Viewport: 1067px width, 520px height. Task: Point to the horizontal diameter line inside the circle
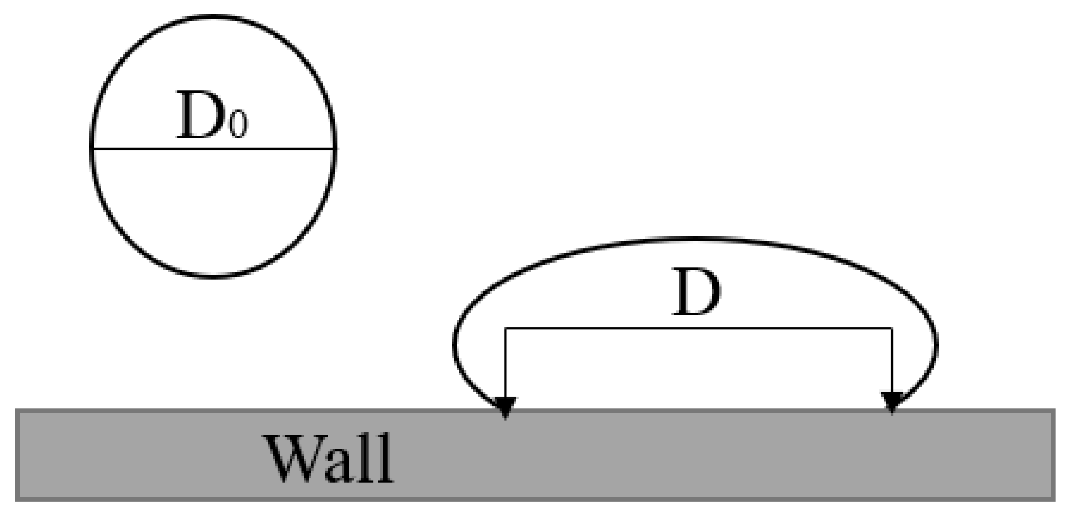pyautogui.click(x=213, y=148)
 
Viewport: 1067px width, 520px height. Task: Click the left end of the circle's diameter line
pyautogui.click(x=93, y=148)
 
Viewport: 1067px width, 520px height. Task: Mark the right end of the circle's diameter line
pyautogui.click(x=334, y=148)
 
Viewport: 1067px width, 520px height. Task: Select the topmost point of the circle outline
pyautogui.click(x=213, y=16)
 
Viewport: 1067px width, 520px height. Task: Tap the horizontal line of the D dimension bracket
pyautogui.click(x=699, y=328)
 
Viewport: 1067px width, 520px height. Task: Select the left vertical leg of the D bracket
pyautogui.click(x=506, y=363)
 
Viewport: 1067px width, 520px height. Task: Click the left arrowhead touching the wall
pyautogui.click(x=506, y=405)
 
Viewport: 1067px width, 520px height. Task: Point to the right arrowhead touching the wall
pyautogui.click(x=892, y=401)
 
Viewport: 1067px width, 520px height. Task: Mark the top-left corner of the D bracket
pyautogui.click(x=506, y=328)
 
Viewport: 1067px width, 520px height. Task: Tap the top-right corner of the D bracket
pyautogui.click(x=892, y=328)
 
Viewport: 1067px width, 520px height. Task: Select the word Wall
pyautogui.click(x=329, y=459)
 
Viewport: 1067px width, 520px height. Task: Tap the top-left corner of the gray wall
pyautogui.click(x=17, y=411)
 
